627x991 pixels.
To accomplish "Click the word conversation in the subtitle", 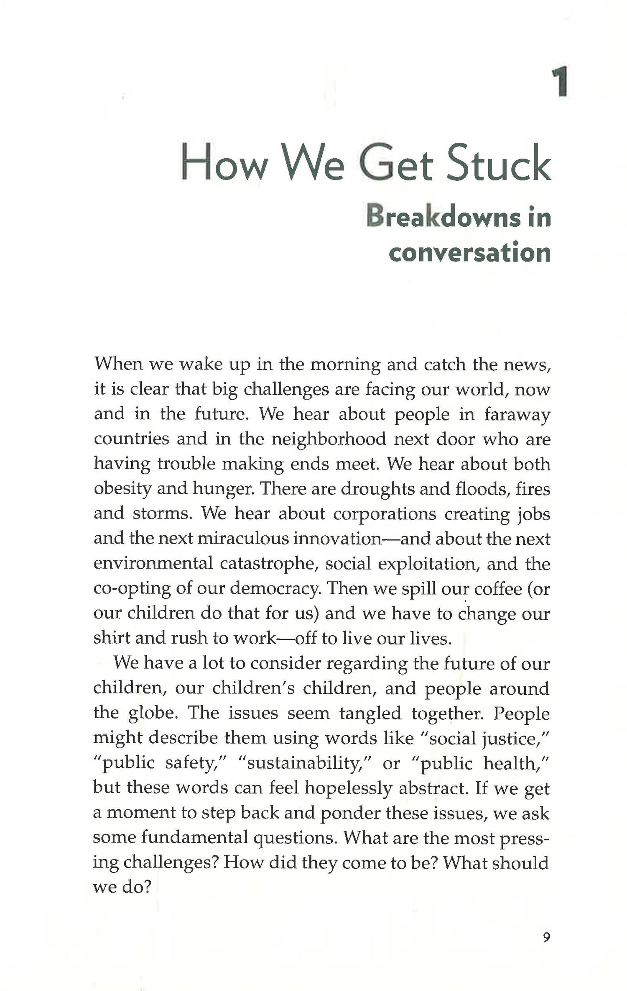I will [x=469, y=253].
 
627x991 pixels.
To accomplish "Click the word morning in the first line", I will [x=345, y=365].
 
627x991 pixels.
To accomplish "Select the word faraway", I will [x=517, y=414].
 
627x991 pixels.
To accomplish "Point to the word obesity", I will [x=122, y=489].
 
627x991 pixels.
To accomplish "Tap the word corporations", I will [x=385, y=514].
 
